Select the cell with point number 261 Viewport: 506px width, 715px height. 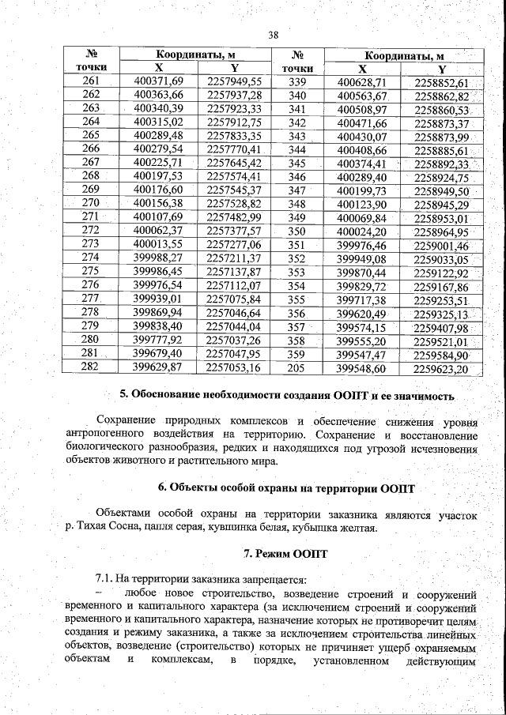(91, 81)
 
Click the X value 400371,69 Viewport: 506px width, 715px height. (158, 81)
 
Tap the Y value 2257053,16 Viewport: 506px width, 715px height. (233, 367)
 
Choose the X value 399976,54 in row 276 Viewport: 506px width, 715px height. (158, 284)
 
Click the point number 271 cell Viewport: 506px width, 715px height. (91, 216)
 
